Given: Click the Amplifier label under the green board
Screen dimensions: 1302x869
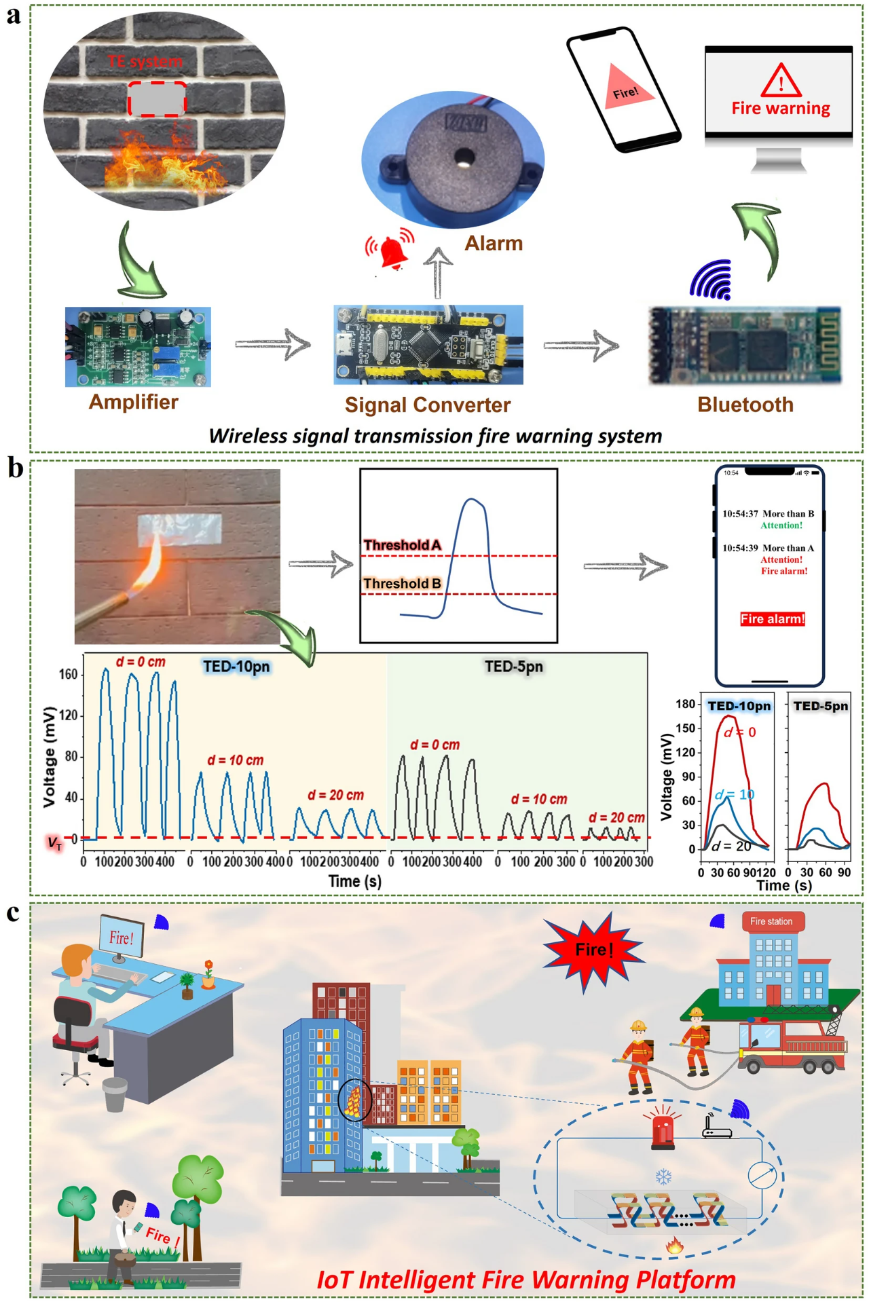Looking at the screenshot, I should (133, 402).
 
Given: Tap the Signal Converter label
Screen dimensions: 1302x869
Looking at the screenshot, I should (427, 405).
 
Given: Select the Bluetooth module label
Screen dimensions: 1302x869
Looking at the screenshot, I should (745, 405).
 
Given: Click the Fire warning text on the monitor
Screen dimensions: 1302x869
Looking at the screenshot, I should (780, 108).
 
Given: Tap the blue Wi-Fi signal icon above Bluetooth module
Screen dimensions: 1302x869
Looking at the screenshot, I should (711, 279).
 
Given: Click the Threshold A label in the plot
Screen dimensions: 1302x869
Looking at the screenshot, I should (402, 544).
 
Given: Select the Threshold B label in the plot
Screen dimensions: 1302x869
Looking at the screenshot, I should (402, 583).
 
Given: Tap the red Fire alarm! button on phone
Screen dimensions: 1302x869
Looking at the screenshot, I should (772, 618).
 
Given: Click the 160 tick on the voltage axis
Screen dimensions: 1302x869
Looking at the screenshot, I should (68, 674).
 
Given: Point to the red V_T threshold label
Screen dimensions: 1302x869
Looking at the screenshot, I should (54, 842).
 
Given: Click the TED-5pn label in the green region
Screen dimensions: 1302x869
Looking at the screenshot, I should (513, 667).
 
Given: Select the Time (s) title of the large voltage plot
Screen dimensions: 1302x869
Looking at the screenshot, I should (354, 881).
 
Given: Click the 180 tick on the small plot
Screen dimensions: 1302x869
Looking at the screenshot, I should (686, 704).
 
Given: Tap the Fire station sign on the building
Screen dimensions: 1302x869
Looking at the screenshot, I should (771, 921).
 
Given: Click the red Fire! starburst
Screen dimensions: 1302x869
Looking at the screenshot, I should (593, 949).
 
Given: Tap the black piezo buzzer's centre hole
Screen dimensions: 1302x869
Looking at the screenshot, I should (463, 157).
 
